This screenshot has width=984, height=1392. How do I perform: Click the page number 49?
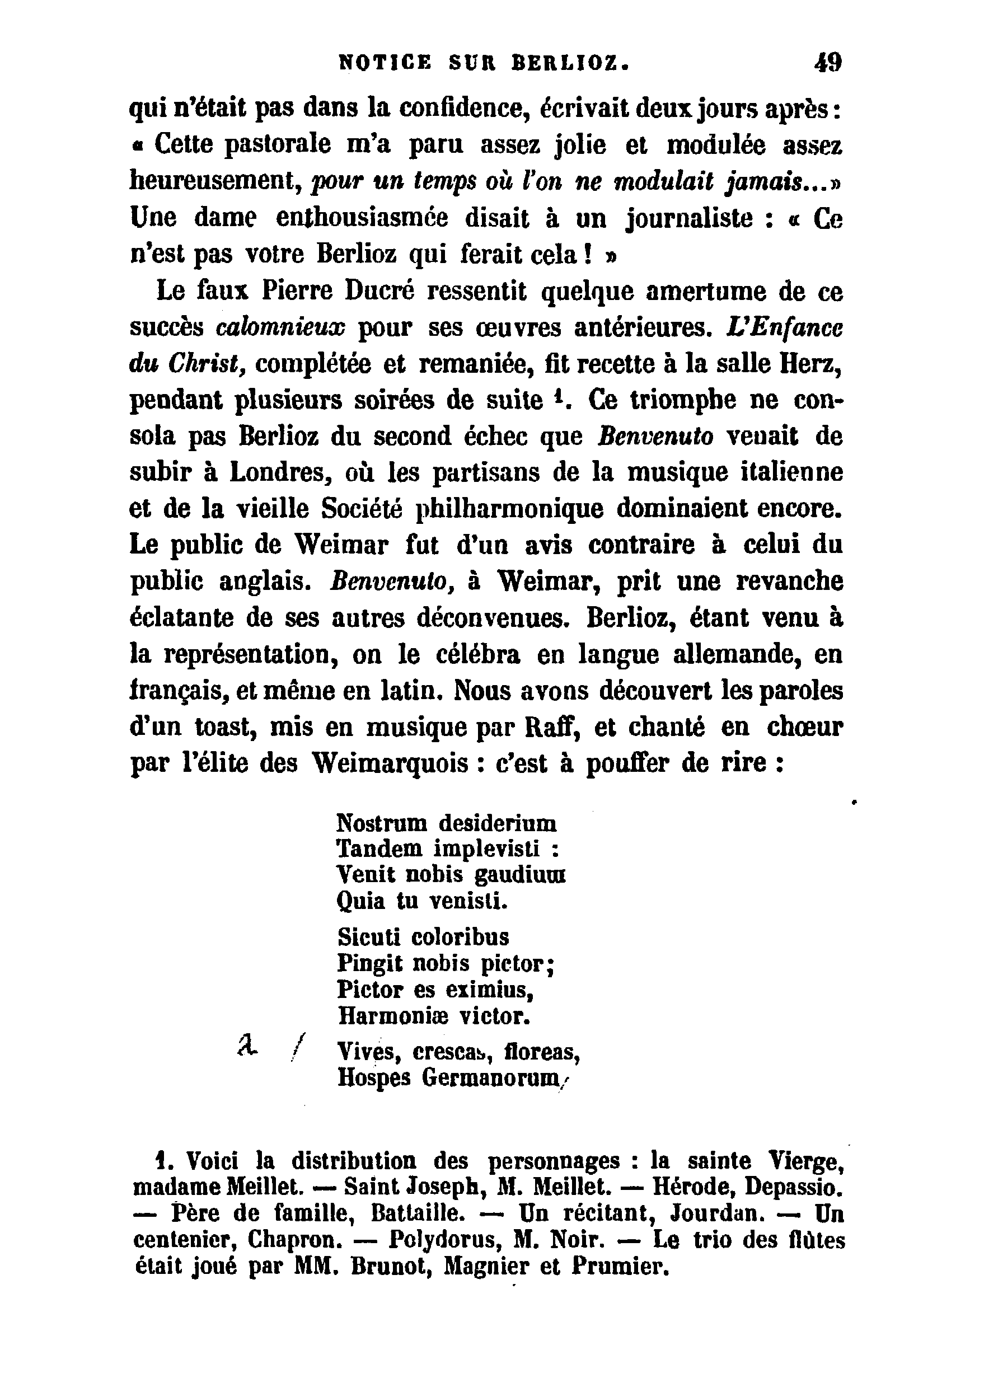point(828,63)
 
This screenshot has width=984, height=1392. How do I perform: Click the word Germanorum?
point(490,1077)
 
